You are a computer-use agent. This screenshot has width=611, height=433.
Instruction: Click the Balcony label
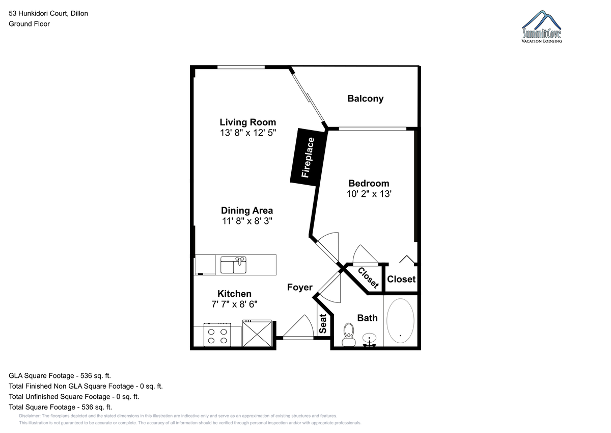(x=365, y=98)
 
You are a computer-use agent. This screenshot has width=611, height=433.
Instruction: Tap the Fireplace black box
(x=309, y=157)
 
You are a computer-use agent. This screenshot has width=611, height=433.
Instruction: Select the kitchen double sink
(x=234, y=265)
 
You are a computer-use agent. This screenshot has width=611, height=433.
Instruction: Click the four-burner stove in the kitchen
(x=217, y=335)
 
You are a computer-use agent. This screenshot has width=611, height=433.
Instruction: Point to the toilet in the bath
(x=349, y=335)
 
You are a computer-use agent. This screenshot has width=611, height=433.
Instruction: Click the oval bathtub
(x=400, y=321)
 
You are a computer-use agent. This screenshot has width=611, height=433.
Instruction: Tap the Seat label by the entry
(x=323, y=324)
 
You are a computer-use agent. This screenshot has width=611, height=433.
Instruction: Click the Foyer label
(x=300, y=287)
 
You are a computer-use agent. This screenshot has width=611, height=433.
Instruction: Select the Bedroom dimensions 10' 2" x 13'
(x=369, y=194)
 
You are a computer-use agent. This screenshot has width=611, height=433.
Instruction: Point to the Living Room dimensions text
(x=248, y=133)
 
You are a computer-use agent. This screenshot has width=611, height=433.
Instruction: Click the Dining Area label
(x=247, y=210)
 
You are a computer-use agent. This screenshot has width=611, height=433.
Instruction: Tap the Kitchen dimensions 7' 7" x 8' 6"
(x=234, y=304)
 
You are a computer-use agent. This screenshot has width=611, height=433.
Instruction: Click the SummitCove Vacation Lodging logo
(x=542, y=27)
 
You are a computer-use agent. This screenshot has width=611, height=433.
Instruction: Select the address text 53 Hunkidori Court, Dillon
(x=48, y=13)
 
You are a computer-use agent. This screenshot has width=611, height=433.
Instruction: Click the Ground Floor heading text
(x=29, y=24)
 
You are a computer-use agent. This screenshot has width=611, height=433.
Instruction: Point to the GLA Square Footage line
(x=60, y=376)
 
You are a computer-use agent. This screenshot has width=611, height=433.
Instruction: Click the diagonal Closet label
(x=368, y=277)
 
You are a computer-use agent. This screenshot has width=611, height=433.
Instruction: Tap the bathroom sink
(x=369, y=339)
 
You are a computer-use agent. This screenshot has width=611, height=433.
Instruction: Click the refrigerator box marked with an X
(x=257, y=333)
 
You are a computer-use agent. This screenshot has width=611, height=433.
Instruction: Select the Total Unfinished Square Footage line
(x=74, y=396)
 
